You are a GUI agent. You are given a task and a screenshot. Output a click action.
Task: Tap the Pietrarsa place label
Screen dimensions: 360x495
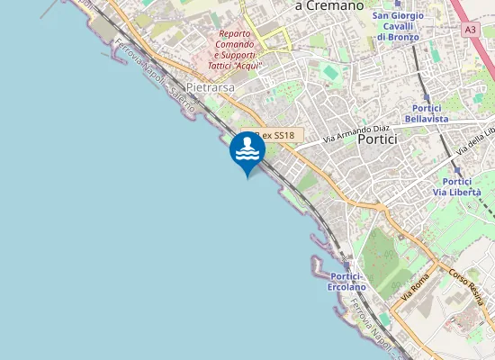coord(211,88)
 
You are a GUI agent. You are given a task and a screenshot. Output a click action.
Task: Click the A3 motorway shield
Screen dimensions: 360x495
coord(471,30)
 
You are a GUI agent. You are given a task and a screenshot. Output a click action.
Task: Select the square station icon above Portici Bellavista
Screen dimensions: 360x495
coord(426,95)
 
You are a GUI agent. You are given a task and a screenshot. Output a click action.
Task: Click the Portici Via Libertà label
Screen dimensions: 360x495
coord(457,186)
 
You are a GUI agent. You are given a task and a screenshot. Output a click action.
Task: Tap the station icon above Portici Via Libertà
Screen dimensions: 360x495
coord(457,169)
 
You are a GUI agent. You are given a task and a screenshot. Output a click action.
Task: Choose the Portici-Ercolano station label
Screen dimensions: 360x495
coord(347,281)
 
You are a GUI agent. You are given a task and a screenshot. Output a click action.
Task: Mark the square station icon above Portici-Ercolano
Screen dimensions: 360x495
coord(347,264)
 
